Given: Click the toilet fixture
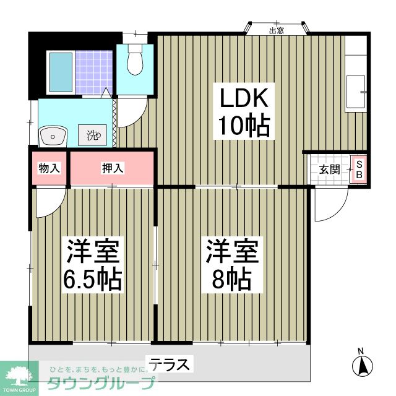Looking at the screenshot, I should [x=134, y=61].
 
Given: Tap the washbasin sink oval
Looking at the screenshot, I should [x=54, y=134].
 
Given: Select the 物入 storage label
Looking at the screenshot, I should [x=49, y=168].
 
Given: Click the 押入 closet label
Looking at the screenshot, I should [x=111, y=168].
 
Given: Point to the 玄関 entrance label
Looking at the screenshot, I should [x=329, y=169].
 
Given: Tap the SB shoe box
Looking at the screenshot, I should [x=358, y=169].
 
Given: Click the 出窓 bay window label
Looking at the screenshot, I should [x=276, y=30].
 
